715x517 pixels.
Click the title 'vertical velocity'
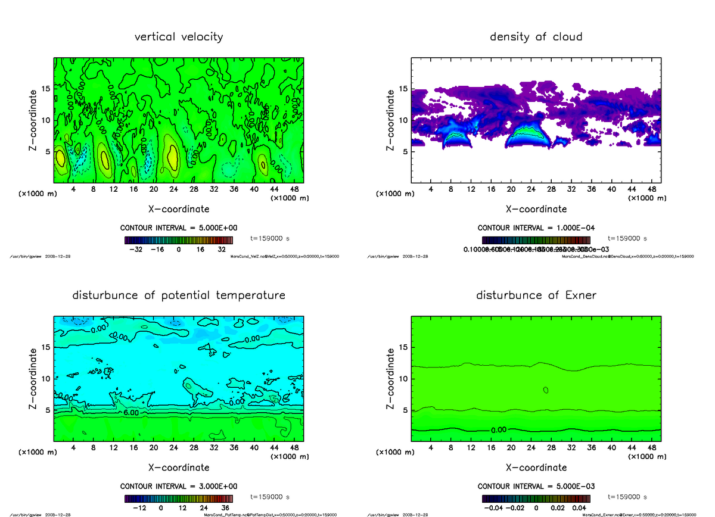[x=179, y=37]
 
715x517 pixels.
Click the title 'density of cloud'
[x=536, y=37]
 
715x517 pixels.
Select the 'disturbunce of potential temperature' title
[x=179, y=295]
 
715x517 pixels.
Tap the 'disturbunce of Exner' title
[x=536, y=295]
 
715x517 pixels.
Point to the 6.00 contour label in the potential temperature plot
[x=131, y=412]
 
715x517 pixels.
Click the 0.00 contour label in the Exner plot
[x=500, y=430]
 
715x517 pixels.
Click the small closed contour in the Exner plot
[x=546, y=390]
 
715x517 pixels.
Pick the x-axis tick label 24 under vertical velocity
[x=173, y=189]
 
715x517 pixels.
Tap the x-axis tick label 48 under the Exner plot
[x=651, y=448]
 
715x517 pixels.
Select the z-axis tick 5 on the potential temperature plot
[x=46, y=410]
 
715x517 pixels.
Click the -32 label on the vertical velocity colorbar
[x=138, y=250]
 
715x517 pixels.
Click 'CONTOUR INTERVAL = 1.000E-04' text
[x=536, y=228]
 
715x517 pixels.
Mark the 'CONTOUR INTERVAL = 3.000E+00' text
[x=179, y=486]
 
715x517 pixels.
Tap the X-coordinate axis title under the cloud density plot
[x=536, y=209]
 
